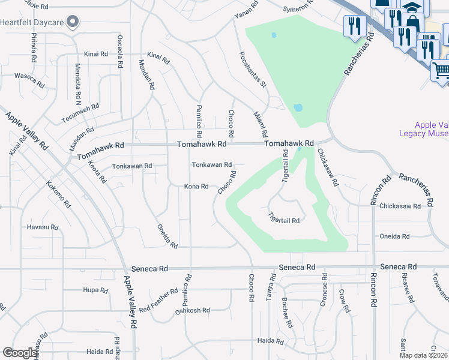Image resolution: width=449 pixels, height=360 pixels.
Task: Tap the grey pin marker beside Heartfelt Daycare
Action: click(x=73, y=23)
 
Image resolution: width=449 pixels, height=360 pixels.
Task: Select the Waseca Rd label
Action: click(x=29, y=79)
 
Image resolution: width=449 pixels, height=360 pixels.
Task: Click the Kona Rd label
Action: click(x=196, y=187)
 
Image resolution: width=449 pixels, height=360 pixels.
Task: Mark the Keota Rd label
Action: click(x=97, y=172)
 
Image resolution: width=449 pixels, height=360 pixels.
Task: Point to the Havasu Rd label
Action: click(x=42, y=227)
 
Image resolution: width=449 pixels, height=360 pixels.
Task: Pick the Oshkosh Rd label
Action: click(x=192, y=310)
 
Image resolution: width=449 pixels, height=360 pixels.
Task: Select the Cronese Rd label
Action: click(x=325, y=289)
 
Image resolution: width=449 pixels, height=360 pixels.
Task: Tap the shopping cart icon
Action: click(x=441, y=70)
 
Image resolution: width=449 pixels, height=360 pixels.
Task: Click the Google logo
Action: click(x=20, y=353)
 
